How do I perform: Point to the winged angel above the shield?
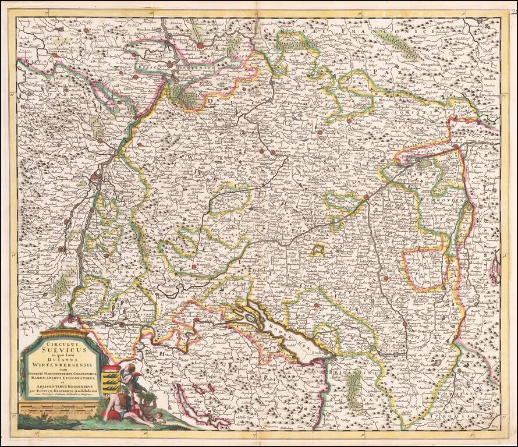[x=133, y=373]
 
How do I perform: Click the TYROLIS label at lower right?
[x=466, y=418]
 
